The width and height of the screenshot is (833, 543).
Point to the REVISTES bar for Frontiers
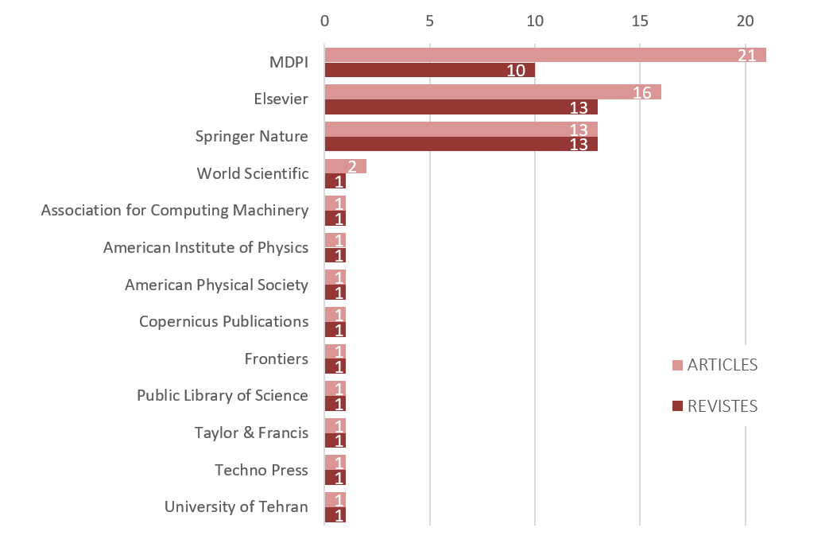pyautogui.click(x=335, y=367)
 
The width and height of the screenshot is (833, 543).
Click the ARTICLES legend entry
pyautogui.click(x=715, y=365)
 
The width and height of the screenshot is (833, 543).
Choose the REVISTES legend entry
pyautogui.click(x=715, y=406)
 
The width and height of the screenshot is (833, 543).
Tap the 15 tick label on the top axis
pyautogui.click(x=640, y=21)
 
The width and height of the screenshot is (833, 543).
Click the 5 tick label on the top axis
pyautogui.click(x=430, y=21)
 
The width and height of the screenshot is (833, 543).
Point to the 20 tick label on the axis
pyautogui.click(x=745, y=21)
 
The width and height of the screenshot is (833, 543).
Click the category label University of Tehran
pyautogui.click(x=236, y=506)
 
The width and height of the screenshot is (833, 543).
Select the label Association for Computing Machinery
pyautogui.click(x=175, y=211)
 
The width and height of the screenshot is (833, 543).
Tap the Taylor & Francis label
pyautogui.click(x=251, y=432)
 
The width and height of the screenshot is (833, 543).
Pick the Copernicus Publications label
pyautogui.click(x=223, y=321)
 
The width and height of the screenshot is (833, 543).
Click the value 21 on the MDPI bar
pyautogui.click(x=746, y=55)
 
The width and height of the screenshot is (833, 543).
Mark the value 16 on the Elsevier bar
pyautogui.click(x=642, y=93)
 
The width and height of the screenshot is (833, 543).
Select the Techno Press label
pyautogui.click(x=261, y=470)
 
